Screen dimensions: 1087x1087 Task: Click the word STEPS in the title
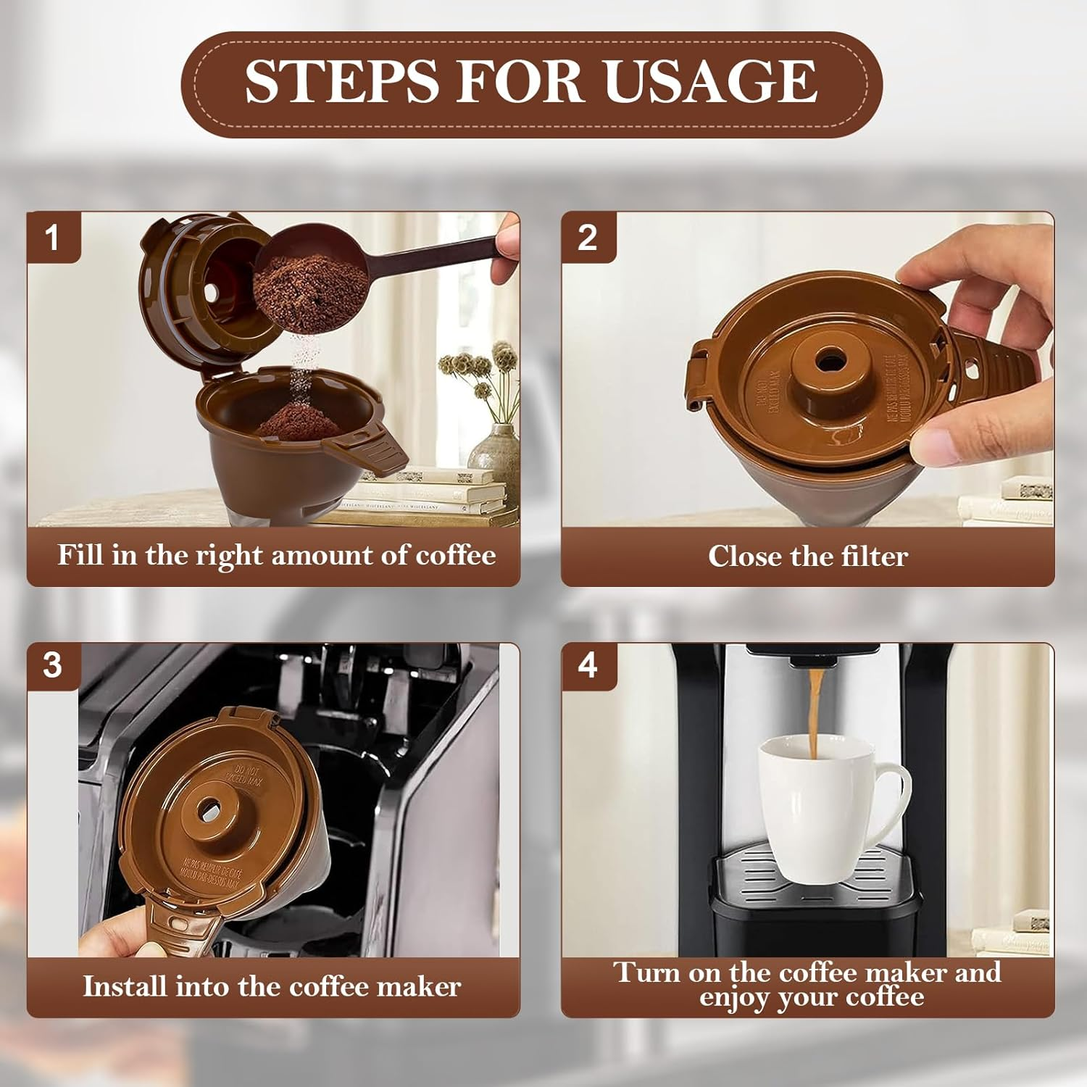tap(342, 81)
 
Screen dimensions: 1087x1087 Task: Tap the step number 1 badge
tap(52, 238)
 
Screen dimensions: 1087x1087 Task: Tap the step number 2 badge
tap(587, 238)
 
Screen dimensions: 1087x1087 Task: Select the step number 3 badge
tap(52, 665)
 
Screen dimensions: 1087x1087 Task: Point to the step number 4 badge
tap(588, 665)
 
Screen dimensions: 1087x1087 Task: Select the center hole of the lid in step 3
tap(210, 807)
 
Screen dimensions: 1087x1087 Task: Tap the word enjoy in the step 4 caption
tap(734, 999)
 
